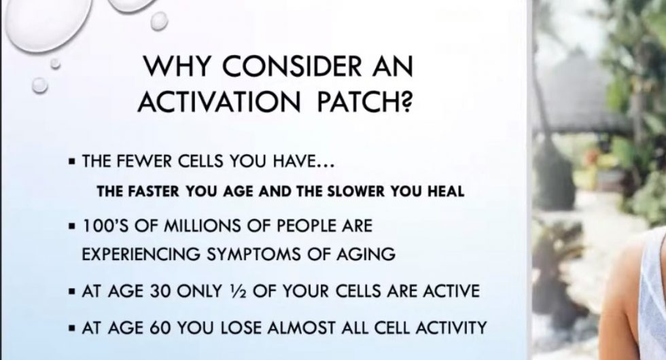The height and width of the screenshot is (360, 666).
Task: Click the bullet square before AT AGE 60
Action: (x=71, y=329)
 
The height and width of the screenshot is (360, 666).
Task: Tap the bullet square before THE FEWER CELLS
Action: (x=71, y=164)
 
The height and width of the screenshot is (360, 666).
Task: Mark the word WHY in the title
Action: (x=177, y=69)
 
